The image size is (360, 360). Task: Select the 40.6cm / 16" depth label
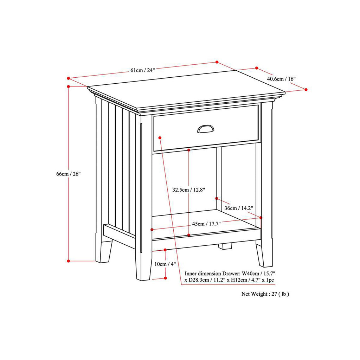point(281,79)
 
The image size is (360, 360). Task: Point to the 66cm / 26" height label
point(69,174)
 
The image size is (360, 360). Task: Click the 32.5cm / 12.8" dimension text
point(189,189)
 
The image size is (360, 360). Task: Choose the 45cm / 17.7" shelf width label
point(206,224)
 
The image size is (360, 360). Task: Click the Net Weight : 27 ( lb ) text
point(265,294)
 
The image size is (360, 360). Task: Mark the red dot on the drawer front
point(160,137)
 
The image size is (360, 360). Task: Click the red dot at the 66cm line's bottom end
point(68,261)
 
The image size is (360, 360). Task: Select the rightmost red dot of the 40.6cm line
point(306,90)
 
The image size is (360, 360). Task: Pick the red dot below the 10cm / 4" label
point(165,278)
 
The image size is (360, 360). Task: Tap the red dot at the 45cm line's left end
point(152,230)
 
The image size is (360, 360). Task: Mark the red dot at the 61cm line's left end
point(68,78)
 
